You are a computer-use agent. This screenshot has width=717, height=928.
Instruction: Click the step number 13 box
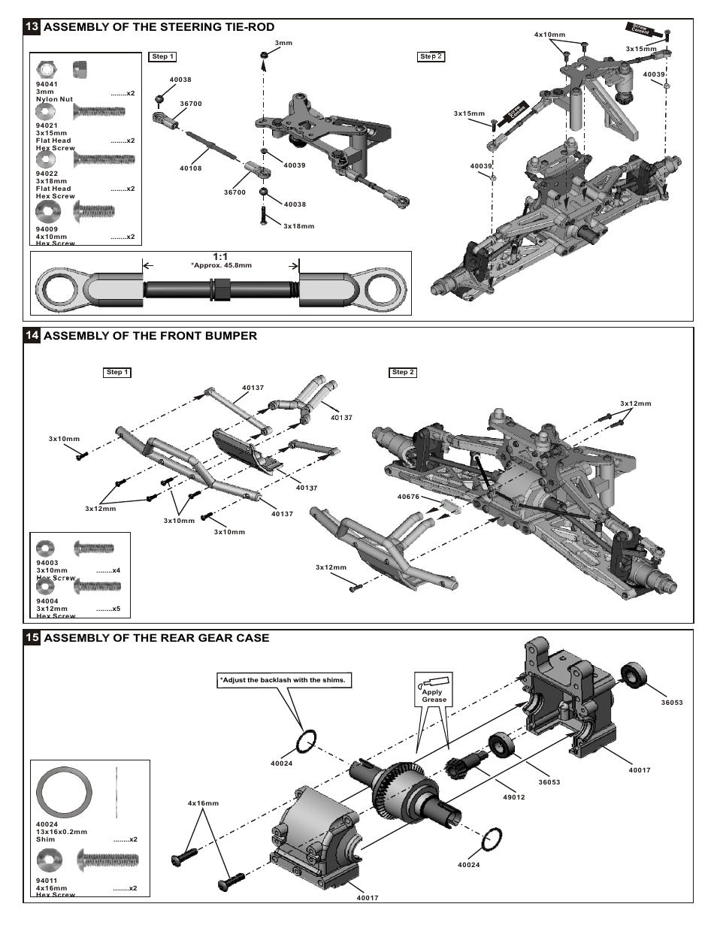(x=32, y=27)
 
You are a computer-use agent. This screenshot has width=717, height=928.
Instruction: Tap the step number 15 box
(x=32, y=638)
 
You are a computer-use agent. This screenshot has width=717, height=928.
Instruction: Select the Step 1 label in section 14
(x=117, y=372)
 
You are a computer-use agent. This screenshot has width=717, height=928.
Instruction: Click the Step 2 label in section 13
(x=431, y=56)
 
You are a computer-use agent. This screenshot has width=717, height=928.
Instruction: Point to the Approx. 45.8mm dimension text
(x=221, y=265)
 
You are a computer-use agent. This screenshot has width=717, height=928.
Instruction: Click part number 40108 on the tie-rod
(x=191, y=168)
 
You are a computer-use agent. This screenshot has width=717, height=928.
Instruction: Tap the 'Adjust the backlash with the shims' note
(x=283, y=680)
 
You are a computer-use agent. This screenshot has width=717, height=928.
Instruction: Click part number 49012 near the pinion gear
(x=514, y=797)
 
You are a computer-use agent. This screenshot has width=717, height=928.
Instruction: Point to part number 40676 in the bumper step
(x=408, y=497)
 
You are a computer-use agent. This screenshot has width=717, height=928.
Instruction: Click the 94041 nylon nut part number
(x=47, y=84)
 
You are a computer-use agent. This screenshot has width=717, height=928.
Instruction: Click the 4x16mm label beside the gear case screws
(x=203, y=803)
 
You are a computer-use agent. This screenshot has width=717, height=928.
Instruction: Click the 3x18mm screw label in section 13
(x=298, y=225)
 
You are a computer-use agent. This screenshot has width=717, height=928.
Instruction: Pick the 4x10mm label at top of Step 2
(x=549, y=35)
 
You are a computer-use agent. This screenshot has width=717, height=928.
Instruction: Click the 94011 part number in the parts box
(x=47, y=880)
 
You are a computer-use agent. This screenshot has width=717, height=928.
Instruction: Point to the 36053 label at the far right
(x=671, y=703)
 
